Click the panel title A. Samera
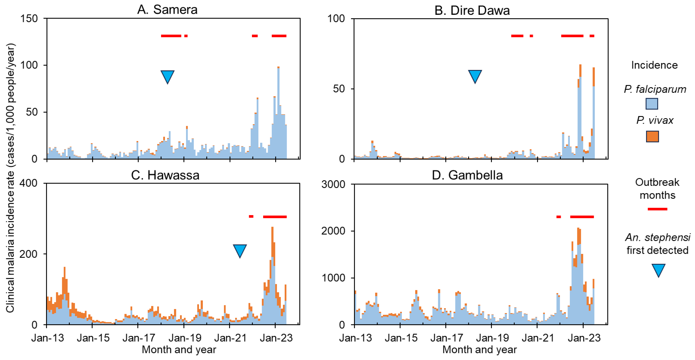[x=167, y=10]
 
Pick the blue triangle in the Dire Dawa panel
[x=475, y=76]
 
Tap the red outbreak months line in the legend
[x=657, y=209]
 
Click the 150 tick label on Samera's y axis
[x=29, y=18]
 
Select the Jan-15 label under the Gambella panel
[x=401, y=338]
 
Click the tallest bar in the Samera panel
[x=278, y=113]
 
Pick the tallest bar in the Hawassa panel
[x=272, y=275]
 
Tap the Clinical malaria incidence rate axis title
[x=10, y=178]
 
